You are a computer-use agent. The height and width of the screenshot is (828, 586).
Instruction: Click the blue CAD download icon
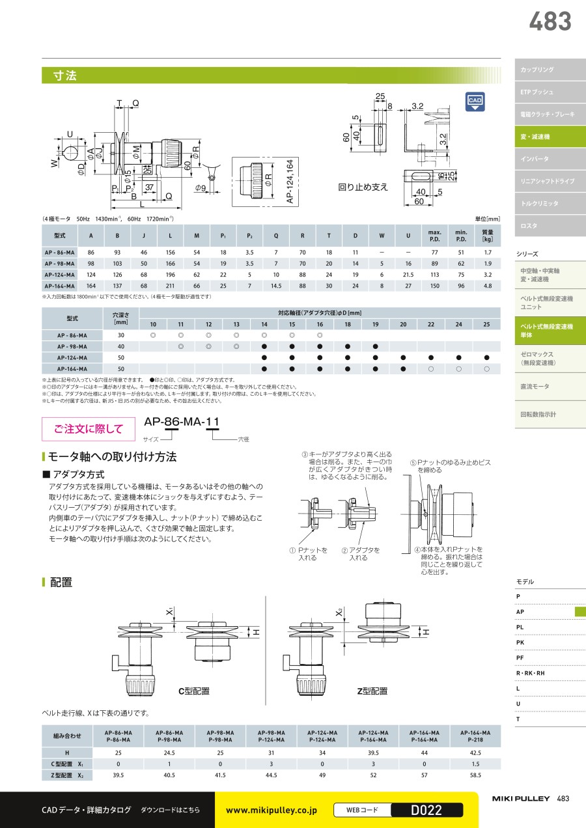[475, 102]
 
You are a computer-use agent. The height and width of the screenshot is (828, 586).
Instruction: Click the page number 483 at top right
[550, 21]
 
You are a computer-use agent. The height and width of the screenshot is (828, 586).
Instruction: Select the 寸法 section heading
[64, 76]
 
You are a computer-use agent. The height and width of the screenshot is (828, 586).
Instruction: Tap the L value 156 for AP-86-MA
[170, 253]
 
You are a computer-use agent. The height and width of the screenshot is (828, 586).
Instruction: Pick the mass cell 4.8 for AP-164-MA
[488, 286]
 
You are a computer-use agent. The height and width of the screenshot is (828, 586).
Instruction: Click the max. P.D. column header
[434, 236]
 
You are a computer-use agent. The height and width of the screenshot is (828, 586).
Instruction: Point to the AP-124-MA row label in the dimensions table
[59, 275]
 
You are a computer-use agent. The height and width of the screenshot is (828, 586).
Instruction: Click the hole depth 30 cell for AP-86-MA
[121, 335]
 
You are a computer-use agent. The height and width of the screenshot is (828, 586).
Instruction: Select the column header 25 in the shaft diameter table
[486, 324]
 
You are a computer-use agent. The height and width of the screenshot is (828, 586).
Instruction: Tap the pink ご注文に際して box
[89, 429]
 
